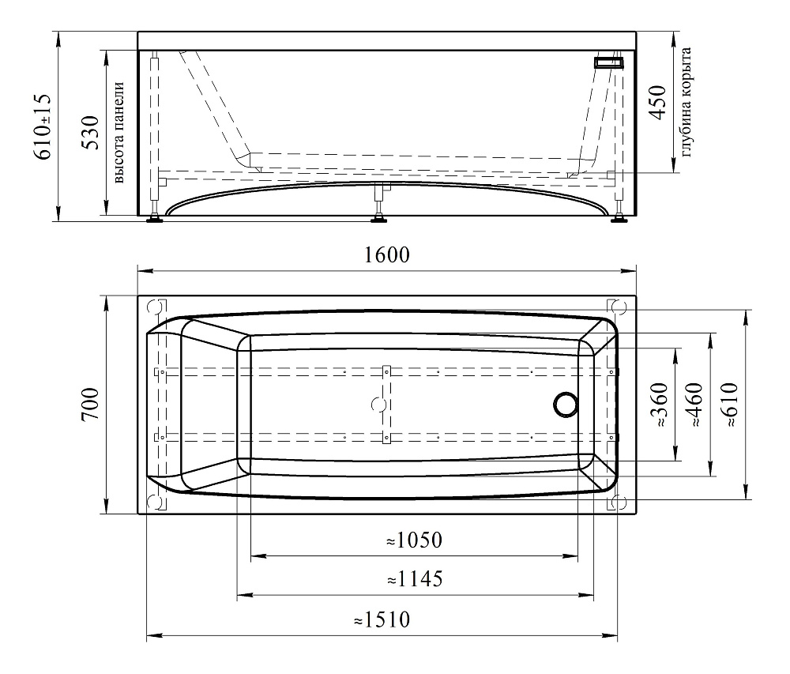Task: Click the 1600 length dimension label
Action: [x=386, y=255]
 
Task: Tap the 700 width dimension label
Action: [x=91, y=405]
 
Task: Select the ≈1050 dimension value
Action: [x=414, y=540]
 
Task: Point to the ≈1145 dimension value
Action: [x=415, y=579]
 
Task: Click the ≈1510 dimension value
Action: [x=382, y=619]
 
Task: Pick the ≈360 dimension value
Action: [x=660, y=405]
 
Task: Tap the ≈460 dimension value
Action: [x=694, y=405]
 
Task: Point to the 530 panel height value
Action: [x=91, y=133]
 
